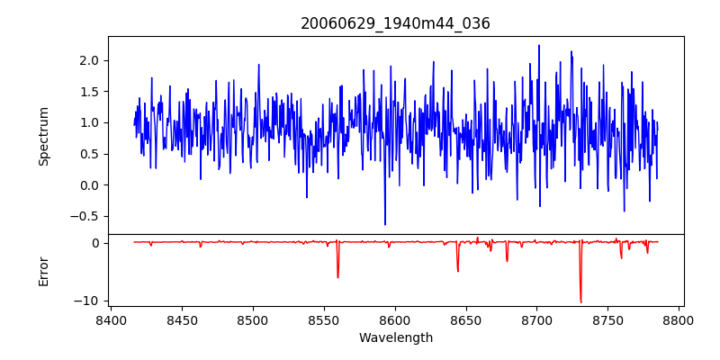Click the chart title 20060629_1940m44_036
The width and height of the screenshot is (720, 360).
(395, 23)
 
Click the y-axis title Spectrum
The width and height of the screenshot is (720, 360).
(44, 136)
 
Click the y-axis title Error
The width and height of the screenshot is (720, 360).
(44, 271)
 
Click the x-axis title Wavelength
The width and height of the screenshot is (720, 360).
(395, 338)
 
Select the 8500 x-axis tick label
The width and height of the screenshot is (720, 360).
(253, 319)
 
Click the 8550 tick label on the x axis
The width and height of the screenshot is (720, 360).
(324, 319)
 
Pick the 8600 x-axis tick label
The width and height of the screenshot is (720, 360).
(395, 319)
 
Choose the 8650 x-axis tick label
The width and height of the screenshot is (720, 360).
(466, 319)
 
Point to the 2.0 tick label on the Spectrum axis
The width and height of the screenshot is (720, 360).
(88, 60)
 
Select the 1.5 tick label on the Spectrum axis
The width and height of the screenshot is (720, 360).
(88, 92)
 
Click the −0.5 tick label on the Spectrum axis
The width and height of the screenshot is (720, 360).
(85, 216)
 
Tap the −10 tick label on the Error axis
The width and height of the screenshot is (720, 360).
(87, 301)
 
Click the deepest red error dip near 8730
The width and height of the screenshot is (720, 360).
(580, 302)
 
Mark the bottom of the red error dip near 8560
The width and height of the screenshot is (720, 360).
(337, 277)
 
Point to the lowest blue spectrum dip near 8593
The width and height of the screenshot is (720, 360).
(385, 224)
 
